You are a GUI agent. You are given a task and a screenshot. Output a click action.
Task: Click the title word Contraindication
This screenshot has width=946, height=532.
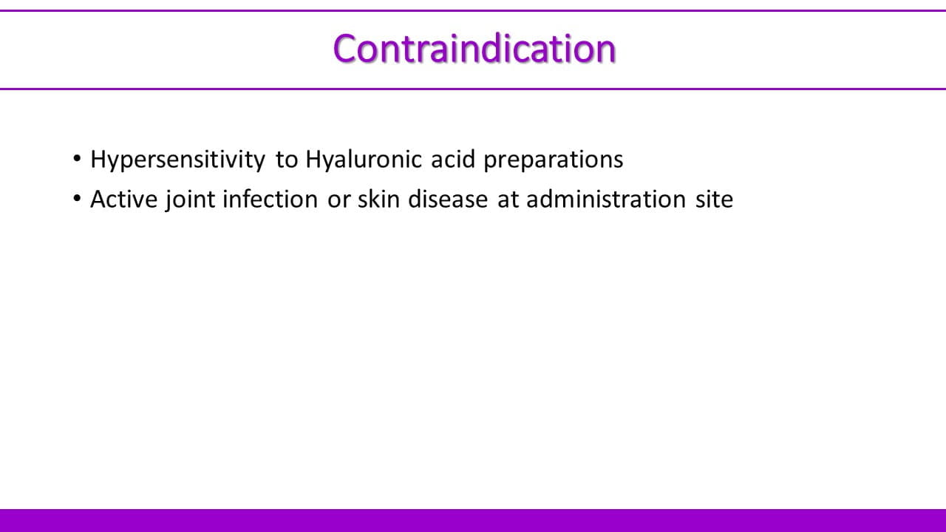click(474, 49)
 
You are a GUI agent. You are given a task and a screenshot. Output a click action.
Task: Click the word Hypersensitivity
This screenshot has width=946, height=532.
click(178, 160)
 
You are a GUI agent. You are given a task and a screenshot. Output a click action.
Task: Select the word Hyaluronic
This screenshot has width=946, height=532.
click(363, 160)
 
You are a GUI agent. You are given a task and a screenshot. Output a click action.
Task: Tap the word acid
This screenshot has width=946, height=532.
click(453, 160)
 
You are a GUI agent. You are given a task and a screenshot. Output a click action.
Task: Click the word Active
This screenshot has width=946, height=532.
click(124, 199)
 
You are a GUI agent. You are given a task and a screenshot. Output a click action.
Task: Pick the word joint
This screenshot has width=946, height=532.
click(190, 200)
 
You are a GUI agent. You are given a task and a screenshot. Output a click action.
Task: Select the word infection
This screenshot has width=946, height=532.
click(270, 199)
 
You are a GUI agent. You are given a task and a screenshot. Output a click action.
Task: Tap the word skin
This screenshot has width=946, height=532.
click(379, 199)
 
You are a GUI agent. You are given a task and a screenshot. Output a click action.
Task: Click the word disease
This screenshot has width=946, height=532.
click(448, 199)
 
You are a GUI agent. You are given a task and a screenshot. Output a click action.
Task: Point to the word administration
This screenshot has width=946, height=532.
click(606, 199)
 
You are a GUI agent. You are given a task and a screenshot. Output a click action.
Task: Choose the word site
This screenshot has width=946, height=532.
click(714, 199)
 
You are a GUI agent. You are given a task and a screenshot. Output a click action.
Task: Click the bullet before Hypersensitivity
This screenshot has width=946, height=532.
click(76, 159)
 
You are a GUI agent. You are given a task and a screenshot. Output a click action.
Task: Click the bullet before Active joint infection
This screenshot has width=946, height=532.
click(76, 198)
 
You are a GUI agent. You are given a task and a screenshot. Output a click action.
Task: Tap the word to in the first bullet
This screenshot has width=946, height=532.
click(287, 160)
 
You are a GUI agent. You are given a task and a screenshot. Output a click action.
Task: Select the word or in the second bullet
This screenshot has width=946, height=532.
click(338, 201)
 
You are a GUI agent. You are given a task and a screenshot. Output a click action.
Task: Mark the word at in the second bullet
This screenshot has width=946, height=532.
click(508, 200)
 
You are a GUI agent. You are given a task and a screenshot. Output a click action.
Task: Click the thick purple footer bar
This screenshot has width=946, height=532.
click(473, 521)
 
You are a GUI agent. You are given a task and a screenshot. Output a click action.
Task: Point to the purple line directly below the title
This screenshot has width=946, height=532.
click(473, 89)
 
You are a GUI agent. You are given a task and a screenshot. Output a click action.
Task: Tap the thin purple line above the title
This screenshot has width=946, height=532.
click(473, 11)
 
